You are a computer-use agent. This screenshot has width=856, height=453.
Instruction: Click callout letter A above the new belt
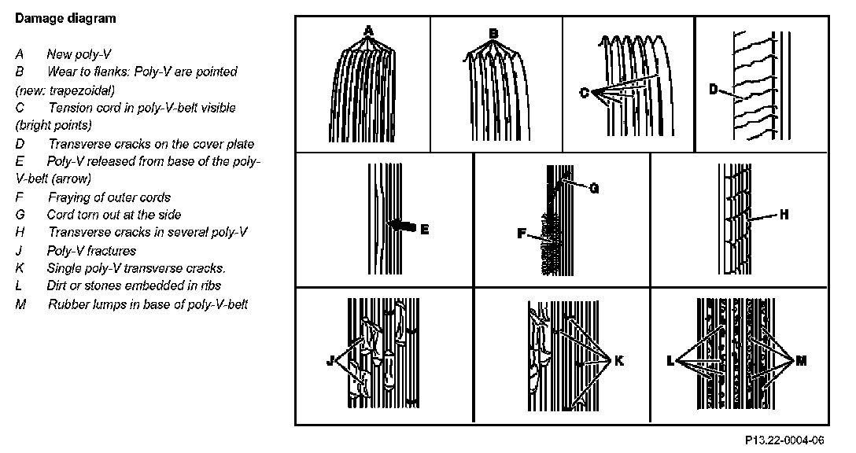click(x=367, y=31)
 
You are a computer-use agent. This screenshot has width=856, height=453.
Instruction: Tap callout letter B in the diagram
click(x=493, y=33)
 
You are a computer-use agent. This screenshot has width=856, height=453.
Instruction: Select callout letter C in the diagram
click(x=584, y=93)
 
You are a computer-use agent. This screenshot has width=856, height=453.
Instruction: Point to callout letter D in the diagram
click(x=714, y=90)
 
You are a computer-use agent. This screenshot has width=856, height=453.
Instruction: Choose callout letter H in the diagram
click(x=784, y=213)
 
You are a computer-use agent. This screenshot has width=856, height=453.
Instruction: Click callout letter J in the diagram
click(x=330, y=362)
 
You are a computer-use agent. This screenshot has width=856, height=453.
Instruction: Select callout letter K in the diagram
click(x=619, y=360)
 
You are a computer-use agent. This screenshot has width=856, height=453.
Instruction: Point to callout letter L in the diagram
click(x=670, y=361)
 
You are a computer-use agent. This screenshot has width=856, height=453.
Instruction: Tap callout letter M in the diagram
click(x=802, y=360)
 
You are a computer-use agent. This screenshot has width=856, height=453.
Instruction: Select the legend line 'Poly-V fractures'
click(x=91, y=251)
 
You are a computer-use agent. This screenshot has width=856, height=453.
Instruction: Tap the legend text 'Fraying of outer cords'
click(x=109, y=197)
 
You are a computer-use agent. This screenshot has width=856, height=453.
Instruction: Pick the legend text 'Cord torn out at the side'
click(x=114, y=215)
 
